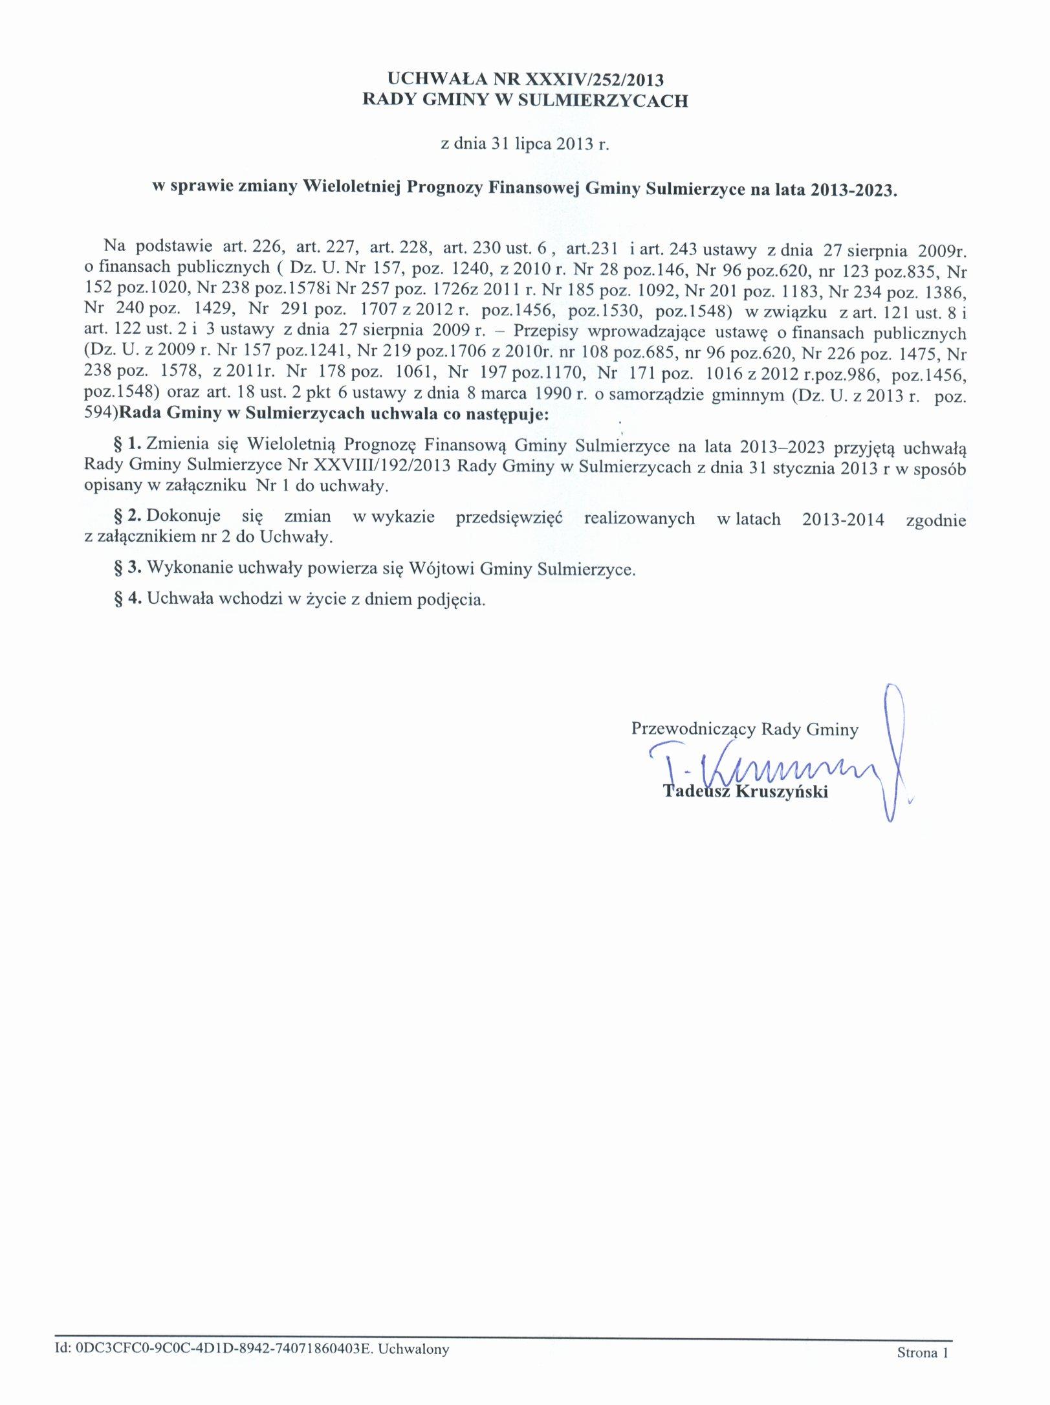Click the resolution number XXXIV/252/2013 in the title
pyautogui.click(x=594, y=80)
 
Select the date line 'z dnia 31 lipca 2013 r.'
pyautogui.click(x=525, y=143)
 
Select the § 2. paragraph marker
pyautogui.click(x=127, y=515)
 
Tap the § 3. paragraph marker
pyautogui.click(x=127, y=568)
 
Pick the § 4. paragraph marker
pyautogui.click(x=127, y=598)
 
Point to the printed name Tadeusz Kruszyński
pyautogui.click(x=745, y=791)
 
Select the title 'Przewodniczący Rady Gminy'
pyautogui.click(x=745, y=729)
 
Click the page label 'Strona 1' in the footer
pyautogui.click(x=922, y=1352)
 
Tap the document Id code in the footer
pyautogui.click(x=223, y=1349)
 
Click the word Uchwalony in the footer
pyautogui.click(x=413, y=1349)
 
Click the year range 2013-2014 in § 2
pyautogui.click(x=843, y=519)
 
